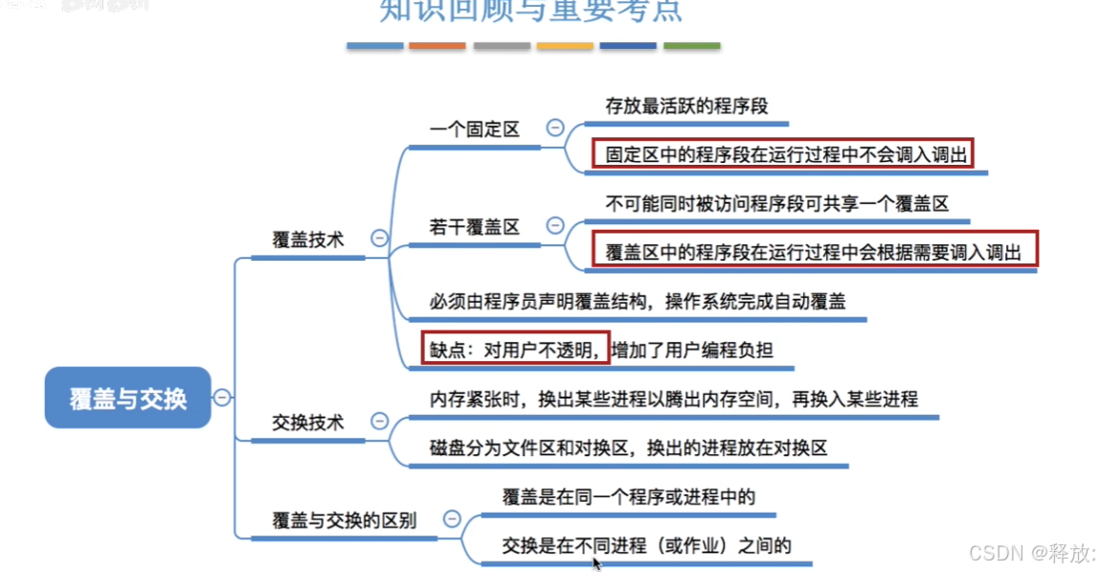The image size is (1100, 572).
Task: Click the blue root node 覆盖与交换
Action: click(x=127, y=398)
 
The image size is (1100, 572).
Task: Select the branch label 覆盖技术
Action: click(x=307, y=240)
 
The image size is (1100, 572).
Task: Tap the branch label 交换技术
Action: click(x=307, y=423)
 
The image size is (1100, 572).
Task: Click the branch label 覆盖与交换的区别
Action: click(x=344, y=520)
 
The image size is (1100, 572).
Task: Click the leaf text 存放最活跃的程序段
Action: click(x=686, y=105)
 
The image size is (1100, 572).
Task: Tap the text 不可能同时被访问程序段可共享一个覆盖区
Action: click(x=776, y=204)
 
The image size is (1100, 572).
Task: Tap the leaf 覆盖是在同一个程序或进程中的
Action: click(x=629, y=497)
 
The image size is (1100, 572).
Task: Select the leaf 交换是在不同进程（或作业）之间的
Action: click(x=647, y=546)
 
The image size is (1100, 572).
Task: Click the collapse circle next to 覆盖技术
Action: click(x=379, y=240)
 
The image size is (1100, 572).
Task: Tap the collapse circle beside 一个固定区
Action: click(x=554, y=127)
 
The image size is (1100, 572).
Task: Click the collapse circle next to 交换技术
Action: click(x=379, y=422)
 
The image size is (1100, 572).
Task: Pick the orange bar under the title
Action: click(x=437, y=46)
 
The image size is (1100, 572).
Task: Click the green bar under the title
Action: click(x=691, y=46)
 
